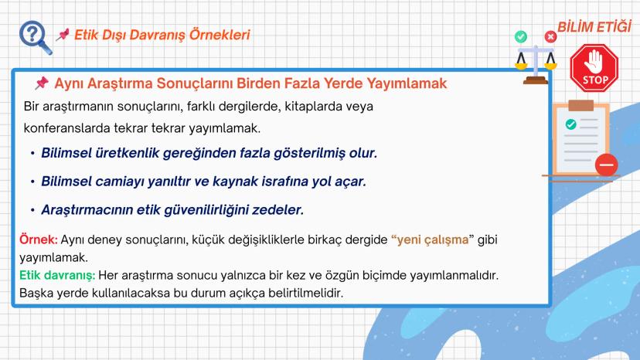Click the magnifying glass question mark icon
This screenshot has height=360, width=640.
(35, 38)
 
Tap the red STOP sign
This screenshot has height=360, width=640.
(594, 67)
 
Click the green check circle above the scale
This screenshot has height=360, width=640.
(520, 37)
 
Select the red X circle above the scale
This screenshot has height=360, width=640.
(550, 37)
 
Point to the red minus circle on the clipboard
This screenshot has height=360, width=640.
(607, 165)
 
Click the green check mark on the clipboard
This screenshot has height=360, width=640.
(570, 124)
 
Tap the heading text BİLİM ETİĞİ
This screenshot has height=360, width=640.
(594, 27)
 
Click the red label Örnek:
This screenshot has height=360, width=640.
(39, 239)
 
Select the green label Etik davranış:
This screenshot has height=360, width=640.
(57, 276)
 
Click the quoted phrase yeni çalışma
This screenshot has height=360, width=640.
(433, 239)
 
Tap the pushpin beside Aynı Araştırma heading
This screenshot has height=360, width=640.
(41, 83)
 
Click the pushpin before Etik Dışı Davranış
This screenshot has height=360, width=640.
(63, 35)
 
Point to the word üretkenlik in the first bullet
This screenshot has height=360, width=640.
(127, 153)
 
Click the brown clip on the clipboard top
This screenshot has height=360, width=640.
(580, 105)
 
